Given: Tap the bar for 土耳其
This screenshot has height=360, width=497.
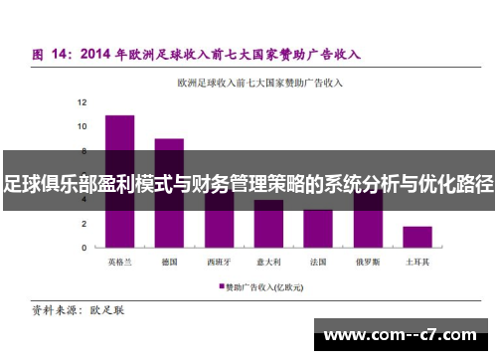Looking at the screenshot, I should click(417, 237).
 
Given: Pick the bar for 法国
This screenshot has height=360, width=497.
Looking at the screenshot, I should click(318, 228).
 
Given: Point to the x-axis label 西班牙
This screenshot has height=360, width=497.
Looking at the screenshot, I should click(219, 263).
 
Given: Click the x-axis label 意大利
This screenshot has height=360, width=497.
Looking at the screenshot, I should click(268, 263).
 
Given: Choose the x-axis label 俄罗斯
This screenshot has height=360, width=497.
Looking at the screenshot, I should click(368, 263).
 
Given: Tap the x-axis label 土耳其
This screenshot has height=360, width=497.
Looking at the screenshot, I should click(417, 263).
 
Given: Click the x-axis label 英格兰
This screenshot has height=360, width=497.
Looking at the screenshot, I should click(120, 263).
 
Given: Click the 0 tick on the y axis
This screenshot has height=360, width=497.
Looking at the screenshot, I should click(83, 247).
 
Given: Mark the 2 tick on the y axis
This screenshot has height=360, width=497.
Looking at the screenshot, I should click(83, 223).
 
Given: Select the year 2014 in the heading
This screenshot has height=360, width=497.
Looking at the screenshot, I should click(98, 54).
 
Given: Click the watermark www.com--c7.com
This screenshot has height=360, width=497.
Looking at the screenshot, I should click(403, 334).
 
